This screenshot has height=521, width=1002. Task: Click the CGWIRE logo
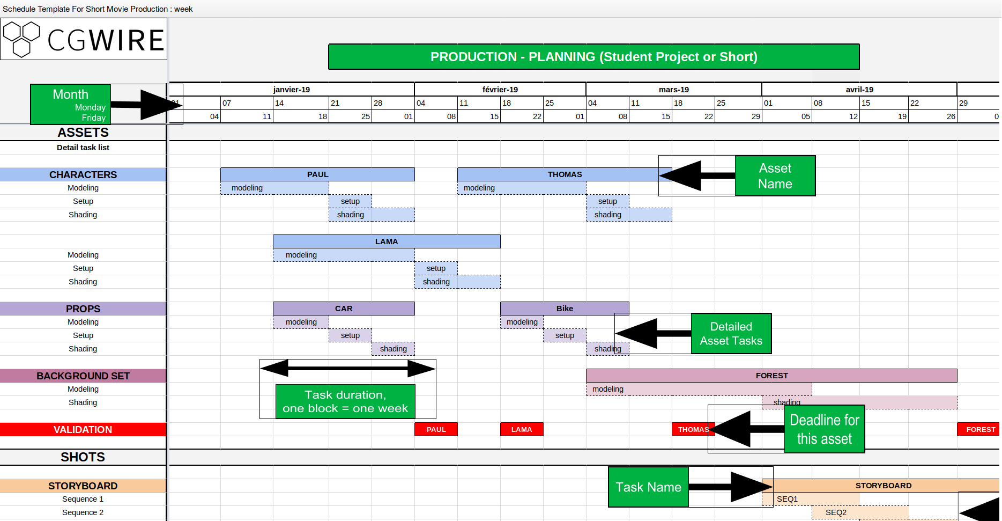coord(84,39)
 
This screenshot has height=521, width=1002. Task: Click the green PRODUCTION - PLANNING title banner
coord(593,57)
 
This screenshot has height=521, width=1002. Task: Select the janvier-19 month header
coord(291,90)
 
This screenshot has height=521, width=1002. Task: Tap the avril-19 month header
coord(859,90)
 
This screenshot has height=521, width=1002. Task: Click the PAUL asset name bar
coord(317,174)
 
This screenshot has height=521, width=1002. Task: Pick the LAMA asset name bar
coord(386,241)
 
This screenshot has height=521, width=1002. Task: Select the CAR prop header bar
coord(344,309)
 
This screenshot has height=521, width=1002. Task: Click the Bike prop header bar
coord(564,309)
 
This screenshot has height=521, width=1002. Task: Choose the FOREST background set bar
coord(771,376)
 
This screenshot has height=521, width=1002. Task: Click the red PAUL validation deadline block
coord(436,429)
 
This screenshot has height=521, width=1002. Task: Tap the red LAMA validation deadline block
coord(521,429)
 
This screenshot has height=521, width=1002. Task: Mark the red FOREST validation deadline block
coord(978,429)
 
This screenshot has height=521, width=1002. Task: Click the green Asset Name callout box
coord(775,176)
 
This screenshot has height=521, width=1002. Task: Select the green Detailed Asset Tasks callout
coord(731,334)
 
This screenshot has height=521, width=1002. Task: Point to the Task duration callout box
coord(345,401)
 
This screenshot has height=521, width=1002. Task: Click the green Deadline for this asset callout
coord(824,429)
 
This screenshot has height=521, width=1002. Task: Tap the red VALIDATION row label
coord(83,429)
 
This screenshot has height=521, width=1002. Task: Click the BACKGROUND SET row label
coord(83,376)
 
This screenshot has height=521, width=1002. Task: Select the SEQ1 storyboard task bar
coord(815,499)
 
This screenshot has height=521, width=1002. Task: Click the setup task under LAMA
coord(436,268)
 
